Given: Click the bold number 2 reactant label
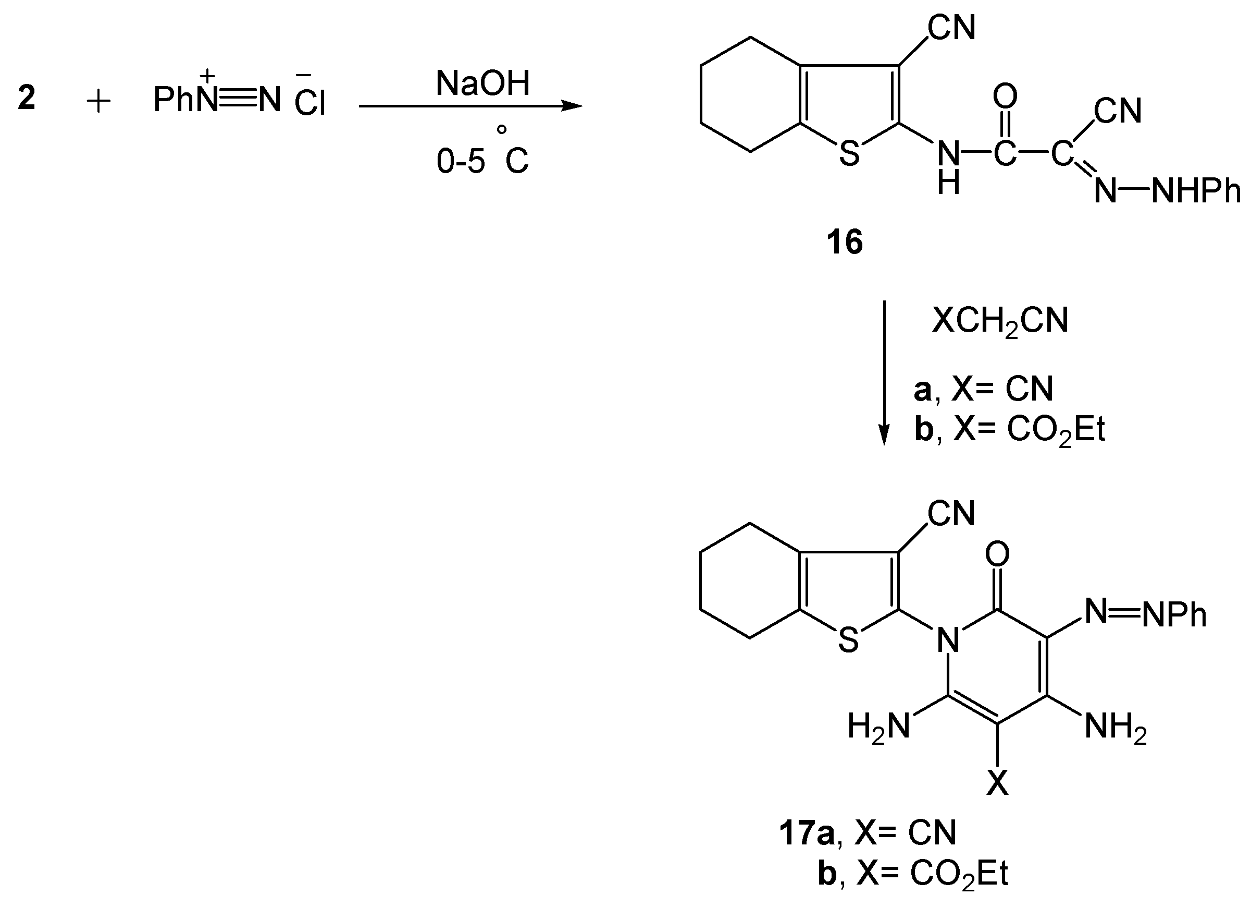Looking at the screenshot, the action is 27,98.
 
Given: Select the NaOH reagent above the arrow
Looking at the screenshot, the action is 482,83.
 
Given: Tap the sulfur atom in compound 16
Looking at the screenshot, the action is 849,154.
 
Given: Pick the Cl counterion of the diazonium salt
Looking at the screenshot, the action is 310,102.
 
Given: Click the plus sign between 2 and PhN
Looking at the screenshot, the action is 100,102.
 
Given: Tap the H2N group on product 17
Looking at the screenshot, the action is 878,726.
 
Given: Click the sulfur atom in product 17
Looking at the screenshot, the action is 848,641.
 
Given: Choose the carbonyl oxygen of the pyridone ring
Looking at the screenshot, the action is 997,554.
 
